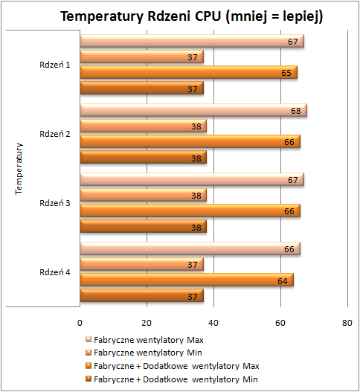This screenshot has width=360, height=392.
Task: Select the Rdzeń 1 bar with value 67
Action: tap(192, 41)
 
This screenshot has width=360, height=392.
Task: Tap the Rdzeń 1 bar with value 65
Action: tap(189, 72)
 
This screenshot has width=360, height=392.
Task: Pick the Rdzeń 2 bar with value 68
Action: tap(193, 110)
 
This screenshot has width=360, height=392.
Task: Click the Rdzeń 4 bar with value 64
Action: tap(187, 280)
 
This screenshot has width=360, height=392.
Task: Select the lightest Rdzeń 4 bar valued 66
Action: tap(190, 248)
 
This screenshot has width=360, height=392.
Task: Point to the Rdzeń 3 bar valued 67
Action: tap(192, 179)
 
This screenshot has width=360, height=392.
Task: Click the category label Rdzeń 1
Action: tap(55, 65)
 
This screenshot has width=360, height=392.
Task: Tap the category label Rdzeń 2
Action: tap(55, 134)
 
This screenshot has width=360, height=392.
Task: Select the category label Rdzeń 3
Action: tap(55, 203)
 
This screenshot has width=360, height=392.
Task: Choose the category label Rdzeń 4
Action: tap(55, 272)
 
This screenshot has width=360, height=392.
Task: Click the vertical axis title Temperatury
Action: tap(19, 169)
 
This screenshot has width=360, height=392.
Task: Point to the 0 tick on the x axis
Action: tap(80, 323)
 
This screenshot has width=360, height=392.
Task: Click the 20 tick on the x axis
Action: tap(147, 323)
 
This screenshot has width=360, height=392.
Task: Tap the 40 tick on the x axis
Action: tap(213, 323)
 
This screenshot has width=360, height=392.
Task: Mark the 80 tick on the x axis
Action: tap(347, 323)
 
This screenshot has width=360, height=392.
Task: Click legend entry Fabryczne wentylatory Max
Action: tap(144, 340)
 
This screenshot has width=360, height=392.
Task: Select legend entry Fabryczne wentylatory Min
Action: tap(144, 353)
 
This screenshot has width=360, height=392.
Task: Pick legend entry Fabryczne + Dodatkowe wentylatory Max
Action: tap(173, 366)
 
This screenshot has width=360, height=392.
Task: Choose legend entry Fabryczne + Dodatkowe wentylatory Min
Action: tap(172, 379)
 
